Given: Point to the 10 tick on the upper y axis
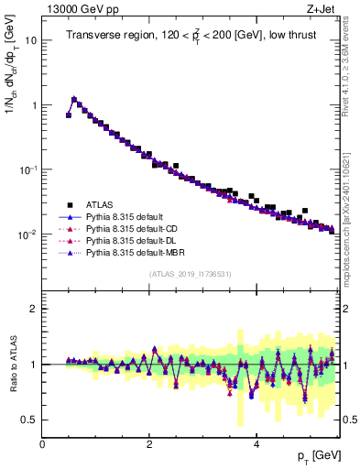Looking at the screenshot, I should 30,40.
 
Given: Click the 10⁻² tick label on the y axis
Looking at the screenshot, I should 27,234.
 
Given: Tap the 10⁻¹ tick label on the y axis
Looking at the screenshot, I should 27,169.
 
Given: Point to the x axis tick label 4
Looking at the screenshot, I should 256,443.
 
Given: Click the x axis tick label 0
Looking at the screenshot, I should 43,443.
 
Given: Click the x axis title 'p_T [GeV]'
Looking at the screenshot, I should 314,456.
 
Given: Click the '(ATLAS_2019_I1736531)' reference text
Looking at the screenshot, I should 189,275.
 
